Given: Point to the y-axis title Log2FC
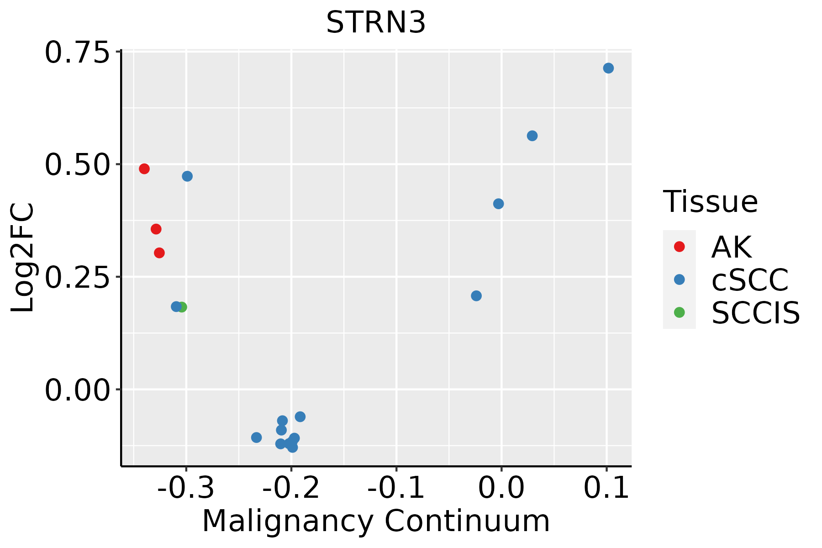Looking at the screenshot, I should [x=23, y=258].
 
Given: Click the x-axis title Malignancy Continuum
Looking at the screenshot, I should [x=376, y=522].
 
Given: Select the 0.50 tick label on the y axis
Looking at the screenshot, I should [x=78, y=165].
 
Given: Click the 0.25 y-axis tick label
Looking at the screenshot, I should [x=78, y=277].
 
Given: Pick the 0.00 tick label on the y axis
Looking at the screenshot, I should [x=78, y=390].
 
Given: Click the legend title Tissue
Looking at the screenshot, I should [x=710, y=201].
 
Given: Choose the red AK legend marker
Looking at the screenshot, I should [x=679, y=247].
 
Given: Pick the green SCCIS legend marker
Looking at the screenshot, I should [x=679, y=312].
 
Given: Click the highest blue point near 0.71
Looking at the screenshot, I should [x=608, y=68].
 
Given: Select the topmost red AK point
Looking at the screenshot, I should [x=144, y=169].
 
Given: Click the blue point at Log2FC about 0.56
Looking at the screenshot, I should [x=532, y=136].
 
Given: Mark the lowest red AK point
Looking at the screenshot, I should [x=159, y=253].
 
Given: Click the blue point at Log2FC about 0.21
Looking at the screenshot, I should [x=476, y=296].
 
